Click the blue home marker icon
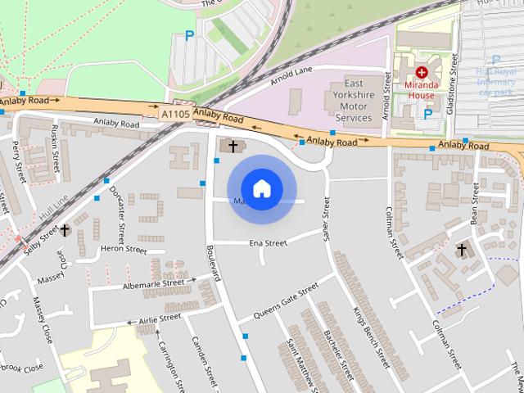tap(261, 188)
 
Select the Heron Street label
tap(123, 250)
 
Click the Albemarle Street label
tap(153, 283)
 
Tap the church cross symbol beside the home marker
tap(233, 147)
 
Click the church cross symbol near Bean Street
tap(460, 249)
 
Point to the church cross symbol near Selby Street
tap(63, 231)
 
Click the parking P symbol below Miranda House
tap(427, 115)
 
